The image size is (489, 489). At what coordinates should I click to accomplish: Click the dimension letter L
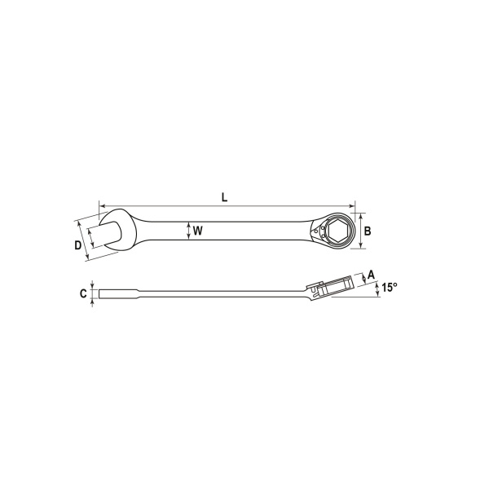[x=224, y=197]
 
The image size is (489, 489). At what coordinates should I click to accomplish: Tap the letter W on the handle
[x=198, y=231]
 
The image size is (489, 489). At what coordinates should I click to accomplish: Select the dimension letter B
[x=368, y=231]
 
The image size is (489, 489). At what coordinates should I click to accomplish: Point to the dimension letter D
[x=77, y=245]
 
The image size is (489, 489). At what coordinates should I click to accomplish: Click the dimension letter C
[x=83, y=293]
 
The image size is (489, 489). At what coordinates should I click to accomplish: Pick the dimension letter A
[x=371, y=275]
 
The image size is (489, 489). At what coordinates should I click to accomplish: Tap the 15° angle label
[x=390, y=287]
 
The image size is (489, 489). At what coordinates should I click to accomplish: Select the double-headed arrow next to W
[x=188, y=231]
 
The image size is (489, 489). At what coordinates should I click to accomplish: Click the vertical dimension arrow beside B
[x=361, y=231]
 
